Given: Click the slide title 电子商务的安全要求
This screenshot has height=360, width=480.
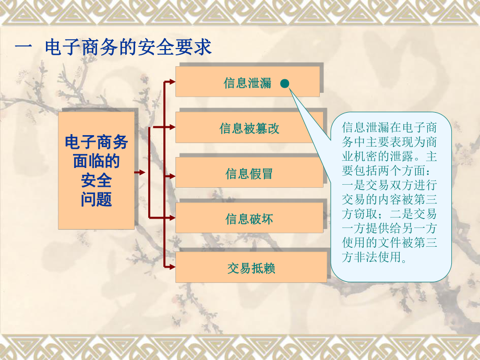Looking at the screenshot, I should pyautogui.click(x=128, y=47).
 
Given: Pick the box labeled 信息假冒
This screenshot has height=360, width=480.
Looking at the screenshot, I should pyautogui.click(x=249, y=173).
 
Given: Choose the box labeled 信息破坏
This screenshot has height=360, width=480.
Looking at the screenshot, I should pyautogui.click(x=249, y=219).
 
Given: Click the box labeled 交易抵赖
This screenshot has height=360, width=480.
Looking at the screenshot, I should pyautogui.click(x=251, y=268).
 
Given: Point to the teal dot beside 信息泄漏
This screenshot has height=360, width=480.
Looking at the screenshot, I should pyautogui.click(x=284, y=83).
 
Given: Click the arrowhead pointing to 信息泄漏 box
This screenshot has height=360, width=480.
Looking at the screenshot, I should pyautogui.click(x=172, y=81).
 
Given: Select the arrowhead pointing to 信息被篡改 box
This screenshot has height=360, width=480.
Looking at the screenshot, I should pyautogui.click(x=172, y=126).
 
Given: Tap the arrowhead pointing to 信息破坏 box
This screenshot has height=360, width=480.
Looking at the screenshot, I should pyautogui.click(x=172, y=217).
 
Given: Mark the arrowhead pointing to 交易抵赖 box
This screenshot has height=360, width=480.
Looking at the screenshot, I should pyautogui.click(x=172, y=266).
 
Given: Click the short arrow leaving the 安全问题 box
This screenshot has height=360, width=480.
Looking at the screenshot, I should pyautogui.click(x=140, y=172).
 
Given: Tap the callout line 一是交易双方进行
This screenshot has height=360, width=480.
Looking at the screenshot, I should pyautogui.click(x=389, y=185).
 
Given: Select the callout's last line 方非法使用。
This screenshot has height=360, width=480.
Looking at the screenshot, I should pyautogui.click(x=374, y=257).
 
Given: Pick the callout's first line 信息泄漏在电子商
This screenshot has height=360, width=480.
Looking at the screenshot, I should pyautogui.click(x=389, y=127).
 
